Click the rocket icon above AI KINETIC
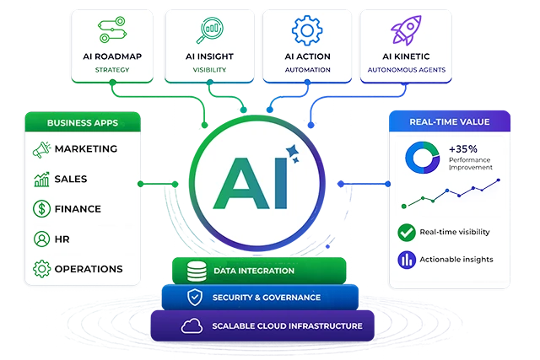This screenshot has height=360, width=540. (406, 30)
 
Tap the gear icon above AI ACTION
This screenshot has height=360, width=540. (307, 30)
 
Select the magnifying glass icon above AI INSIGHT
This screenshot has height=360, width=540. (210, 30)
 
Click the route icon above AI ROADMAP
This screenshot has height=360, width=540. (112, 30)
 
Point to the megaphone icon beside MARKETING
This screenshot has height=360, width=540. (41, 150)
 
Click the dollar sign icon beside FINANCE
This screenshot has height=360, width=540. (41, 208)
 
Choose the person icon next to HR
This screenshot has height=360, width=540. (41, 239)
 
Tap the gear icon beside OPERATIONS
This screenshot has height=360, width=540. (41, 269)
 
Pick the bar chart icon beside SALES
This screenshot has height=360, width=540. (41, 180)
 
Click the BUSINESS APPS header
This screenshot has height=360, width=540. (83, 122)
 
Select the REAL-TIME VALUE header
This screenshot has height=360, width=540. (450, 121)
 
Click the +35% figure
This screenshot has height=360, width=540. (463, 149)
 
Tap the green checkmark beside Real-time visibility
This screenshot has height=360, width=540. (407, 233)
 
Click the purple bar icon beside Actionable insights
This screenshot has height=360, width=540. (407, 260)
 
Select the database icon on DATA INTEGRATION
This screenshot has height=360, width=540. (197, 271)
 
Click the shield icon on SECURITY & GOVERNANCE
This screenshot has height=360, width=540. (195, 297)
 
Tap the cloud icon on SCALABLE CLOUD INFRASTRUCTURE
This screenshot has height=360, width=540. (192, 325)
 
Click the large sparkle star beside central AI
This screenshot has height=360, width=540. (293, 151)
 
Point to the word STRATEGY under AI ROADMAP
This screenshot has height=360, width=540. (112, 70)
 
